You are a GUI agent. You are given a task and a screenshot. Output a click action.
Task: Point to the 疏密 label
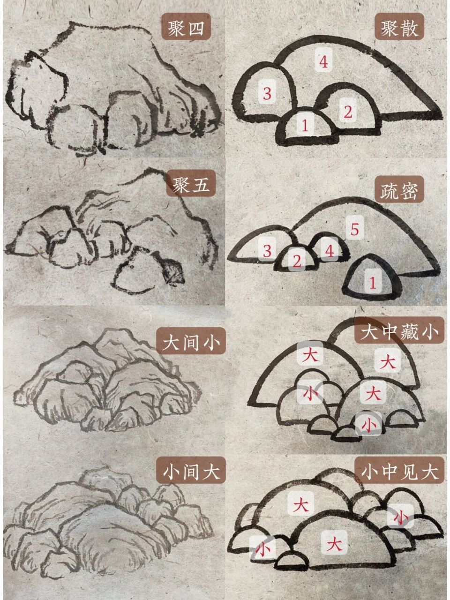399,191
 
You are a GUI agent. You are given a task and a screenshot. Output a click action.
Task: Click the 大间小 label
191,343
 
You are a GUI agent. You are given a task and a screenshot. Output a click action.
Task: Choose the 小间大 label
191,471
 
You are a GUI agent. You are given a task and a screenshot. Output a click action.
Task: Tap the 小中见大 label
399,471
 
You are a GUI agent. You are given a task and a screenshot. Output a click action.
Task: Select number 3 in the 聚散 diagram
267,93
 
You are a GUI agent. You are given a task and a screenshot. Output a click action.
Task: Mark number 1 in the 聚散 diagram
305,125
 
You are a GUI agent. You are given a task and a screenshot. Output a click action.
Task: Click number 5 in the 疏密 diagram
354,229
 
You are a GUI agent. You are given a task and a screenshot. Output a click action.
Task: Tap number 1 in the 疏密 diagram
373,283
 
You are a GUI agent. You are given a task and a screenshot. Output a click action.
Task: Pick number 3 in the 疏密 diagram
267,250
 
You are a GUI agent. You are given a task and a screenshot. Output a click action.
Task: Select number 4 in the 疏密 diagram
329,251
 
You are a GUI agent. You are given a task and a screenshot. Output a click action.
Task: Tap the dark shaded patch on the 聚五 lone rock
172,272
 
